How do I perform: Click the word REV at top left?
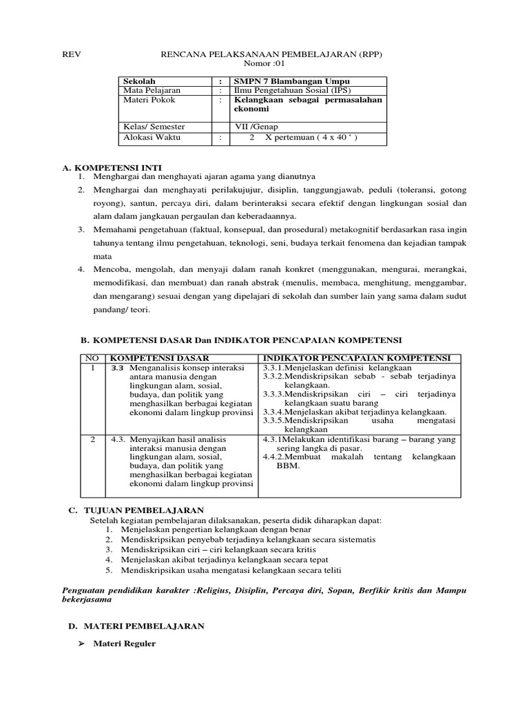pos(72,54)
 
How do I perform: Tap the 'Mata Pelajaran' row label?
pos(152,90)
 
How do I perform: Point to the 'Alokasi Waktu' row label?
pos(149,136)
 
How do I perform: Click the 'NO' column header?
pos(91,358)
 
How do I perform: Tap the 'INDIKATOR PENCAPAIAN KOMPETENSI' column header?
pos(355,358)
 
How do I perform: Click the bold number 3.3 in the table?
pos(118,368)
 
